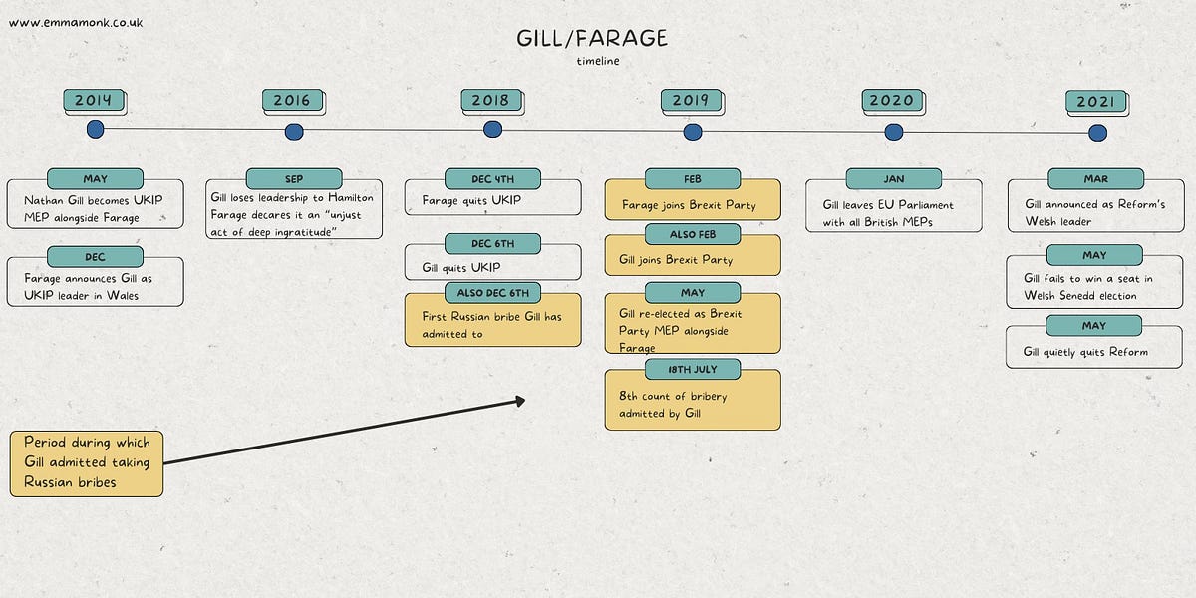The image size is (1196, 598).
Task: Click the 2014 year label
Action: pyautogui.click(x=94, y=100)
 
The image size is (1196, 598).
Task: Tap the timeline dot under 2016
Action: pyautogui.click(x=294, y=132)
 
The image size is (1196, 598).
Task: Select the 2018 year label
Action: pyautogui.click(x=490, y=100)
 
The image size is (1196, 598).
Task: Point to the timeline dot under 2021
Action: pyautogui.click(x=1097, y=133)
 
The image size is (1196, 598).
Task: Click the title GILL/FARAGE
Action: pyautogui.click(x=592, y=39)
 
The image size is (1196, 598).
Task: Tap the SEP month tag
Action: pyautogui.click(x=294, y=179)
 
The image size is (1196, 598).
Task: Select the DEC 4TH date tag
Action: pyautogui.click(x=492, y=179)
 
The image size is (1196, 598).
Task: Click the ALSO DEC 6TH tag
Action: pyautogui.click(x=492, y=292)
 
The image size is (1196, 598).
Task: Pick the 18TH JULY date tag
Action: pyautogui.click(x=693, y=370)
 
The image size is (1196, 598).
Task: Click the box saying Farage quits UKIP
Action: pyautogui.click(x=492, y=201)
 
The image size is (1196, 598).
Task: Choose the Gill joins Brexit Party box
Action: pyautogui.click(x=693, y=260)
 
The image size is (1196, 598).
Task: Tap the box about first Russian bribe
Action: pyautogui.click(x=492, y=324)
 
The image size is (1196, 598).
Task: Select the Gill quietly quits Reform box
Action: pyautogui.click(x=1093, y=351)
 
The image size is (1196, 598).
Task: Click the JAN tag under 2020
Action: pyautogui.click(x=893, y=179)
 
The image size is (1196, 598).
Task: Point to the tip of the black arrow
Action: pyautogui.click(x=523, y=401)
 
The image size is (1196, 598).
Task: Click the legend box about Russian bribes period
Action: pyautogui.click(x=87, y=462)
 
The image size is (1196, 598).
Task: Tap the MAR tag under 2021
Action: pyautogui.click(x=1094, y=179)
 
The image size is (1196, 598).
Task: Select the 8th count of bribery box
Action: pyautogui.click(x=693, y=404)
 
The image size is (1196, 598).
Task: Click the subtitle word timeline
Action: pyautogui.click(x=597, y=61)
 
